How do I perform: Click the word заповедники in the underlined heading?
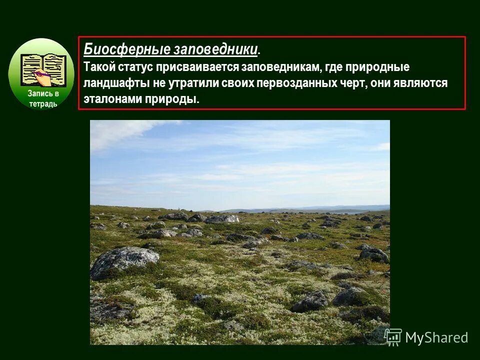(215, 49)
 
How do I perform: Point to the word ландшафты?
(110, 83)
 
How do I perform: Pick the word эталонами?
(110, 99)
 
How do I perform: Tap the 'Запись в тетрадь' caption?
(42, 98)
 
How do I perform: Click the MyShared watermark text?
(436, 337)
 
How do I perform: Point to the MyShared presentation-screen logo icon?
(393, 337)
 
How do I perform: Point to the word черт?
(353, 83)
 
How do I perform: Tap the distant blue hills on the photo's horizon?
(320, 208)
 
